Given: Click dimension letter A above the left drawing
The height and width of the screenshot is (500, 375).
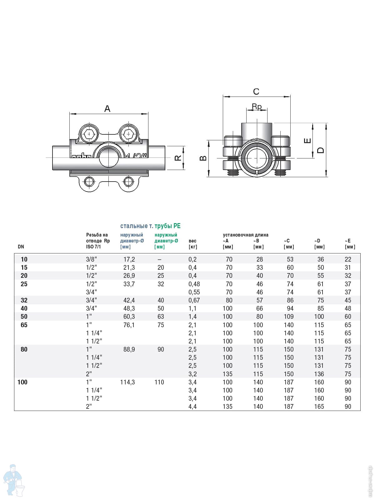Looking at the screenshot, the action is click(107, 109).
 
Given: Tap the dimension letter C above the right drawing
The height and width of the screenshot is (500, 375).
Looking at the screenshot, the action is click(256, 92).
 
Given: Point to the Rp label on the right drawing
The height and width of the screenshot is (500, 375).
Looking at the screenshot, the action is click(257, 106).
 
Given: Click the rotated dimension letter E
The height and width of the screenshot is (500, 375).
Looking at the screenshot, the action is click(307, 141).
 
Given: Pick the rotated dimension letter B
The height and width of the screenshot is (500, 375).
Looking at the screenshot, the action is click(203, 158).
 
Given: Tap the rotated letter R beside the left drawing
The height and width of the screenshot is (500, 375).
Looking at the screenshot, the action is click(178, 158).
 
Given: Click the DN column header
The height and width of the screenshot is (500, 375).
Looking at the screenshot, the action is click(21, 247).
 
